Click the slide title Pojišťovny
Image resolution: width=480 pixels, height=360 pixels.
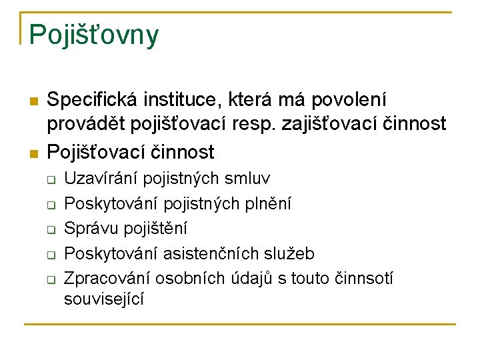(x=94, y=35)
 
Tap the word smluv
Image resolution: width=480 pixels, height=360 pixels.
(x=248, y=179)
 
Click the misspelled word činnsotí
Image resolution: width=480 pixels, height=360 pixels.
(x=363, y=278)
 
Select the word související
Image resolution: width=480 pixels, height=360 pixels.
(x=104, y=299)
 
